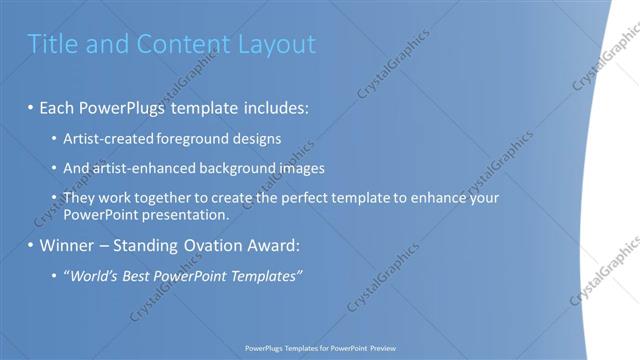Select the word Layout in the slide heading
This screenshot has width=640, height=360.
click(276, 44)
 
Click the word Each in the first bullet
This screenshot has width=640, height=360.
click(58, 105)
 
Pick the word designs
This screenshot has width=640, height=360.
click(256, 138)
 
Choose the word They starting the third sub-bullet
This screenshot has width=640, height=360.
click(79, 198)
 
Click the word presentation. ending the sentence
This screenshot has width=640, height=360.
click(192, 214)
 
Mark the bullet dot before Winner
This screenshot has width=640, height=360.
click(31, 245)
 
